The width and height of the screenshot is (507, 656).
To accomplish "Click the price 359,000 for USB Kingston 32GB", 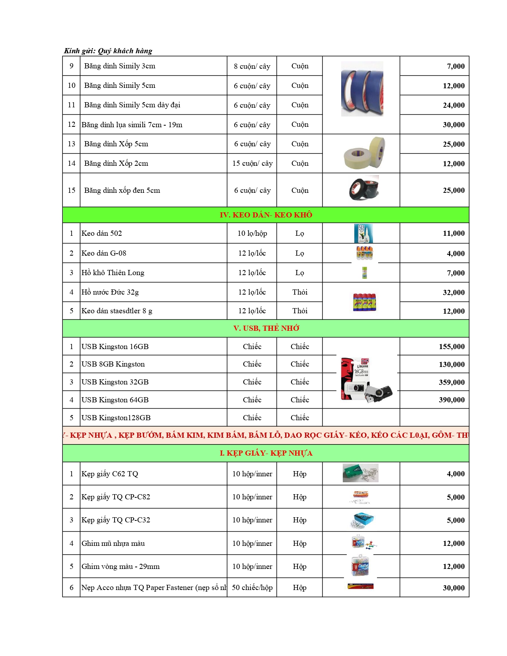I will pyautogui.click(x=451, y=382).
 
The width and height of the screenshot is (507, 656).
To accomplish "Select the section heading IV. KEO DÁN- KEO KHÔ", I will pyautogui.click(x=266, y=215).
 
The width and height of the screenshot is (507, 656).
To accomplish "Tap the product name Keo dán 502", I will pyautogui.click(x=101, y=233).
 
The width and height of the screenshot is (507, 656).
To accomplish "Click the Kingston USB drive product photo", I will pyautogui.click(x=366, y=380).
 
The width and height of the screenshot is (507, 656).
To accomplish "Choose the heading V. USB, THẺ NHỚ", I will pyautogui.click(x=266, y=328).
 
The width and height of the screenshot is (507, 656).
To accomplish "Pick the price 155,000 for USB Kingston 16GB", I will pyautogui.click(x=451, y=347).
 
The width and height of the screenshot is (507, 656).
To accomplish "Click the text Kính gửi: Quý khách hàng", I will pyautogui.click(x=108, y=51).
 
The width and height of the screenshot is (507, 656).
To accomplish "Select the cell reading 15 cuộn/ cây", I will pyautogui.click(x=253, y=163).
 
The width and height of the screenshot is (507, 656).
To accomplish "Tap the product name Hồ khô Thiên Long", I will pyautogui.click(x=113, y=273).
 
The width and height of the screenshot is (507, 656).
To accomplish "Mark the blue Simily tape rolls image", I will pyautogui.click(x=362, y=89).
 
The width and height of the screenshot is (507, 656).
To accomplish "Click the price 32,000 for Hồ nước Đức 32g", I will pyautogui.click(x=453, y=293).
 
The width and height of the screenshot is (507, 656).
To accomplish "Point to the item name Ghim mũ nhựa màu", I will pyautogui.click(x=113, y=543).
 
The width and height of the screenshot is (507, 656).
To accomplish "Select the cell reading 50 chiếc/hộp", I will pyautogui.click(x=252, y=588).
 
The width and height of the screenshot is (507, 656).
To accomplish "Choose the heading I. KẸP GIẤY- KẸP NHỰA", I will pyautogui.click(x=266, y=453).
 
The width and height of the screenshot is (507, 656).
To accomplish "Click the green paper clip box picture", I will pyautogui.click(x=360, y=473).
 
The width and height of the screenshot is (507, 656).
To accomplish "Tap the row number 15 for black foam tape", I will pyautogui.click(x=72, y=190).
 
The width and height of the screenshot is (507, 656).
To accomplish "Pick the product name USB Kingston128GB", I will pyautogui.click(x=116, y=418).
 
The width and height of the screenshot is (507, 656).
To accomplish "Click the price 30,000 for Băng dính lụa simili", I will pyautogui.click(x=453, y=125).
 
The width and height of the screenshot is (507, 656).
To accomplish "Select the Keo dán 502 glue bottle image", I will pyautogui.click(x=363, y=233).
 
